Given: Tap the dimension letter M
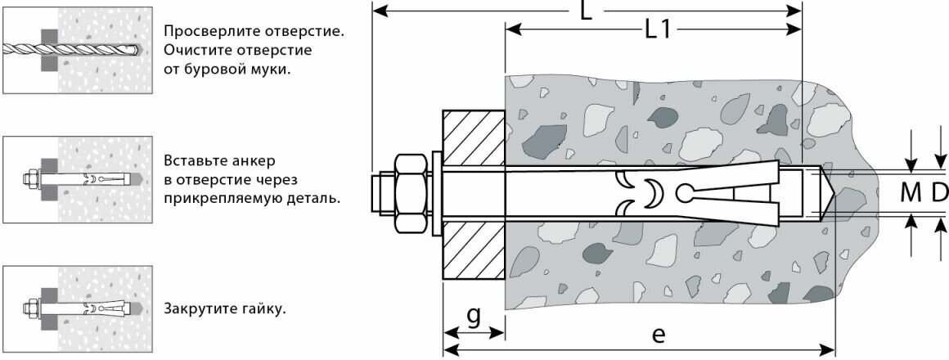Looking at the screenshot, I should pyautogui.click(x=911, y=194).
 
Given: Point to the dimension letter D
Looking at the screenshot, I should pyautogui.click(x=938, y=194).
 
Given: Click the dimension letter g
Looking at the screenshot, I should pyautogui.click(x=473, y=317).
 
